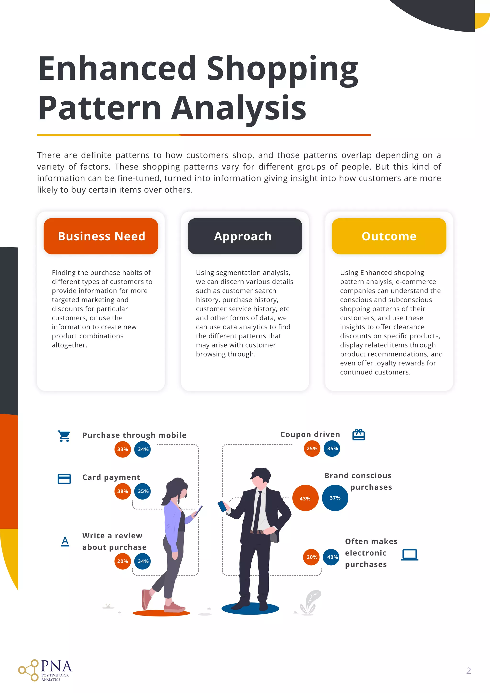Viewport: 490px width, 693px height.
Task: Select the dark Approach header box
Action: point(245,236)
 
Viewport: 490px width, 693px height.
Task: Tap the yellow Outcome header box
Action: point(389,236)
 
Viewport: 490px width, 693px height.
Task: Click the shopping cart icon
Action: point(64,436)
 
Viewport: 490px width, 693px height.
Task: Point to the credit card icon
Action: point(64,479)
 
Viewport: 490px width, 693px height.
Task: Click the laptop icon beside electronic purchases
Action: point(410,555)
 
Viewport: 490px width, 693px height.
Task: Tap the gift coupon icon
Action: point(359,435)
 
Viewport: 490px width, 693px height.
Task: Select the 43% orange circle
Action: point(305,498)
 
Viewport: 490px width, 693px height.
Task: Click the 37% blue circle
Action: point(335,498)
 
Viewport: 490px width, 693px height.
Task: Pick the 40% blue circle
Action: point(332,557)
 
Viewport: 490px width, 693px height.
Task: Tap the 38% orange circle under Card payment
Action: point(122,491)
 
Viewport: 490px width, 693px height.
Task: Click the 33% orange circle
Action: point(122,449)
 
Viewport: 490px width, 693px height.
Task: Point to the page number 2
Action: point(468,671)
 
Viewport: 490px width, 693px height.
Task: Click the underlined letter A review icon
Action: point(65,541)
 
